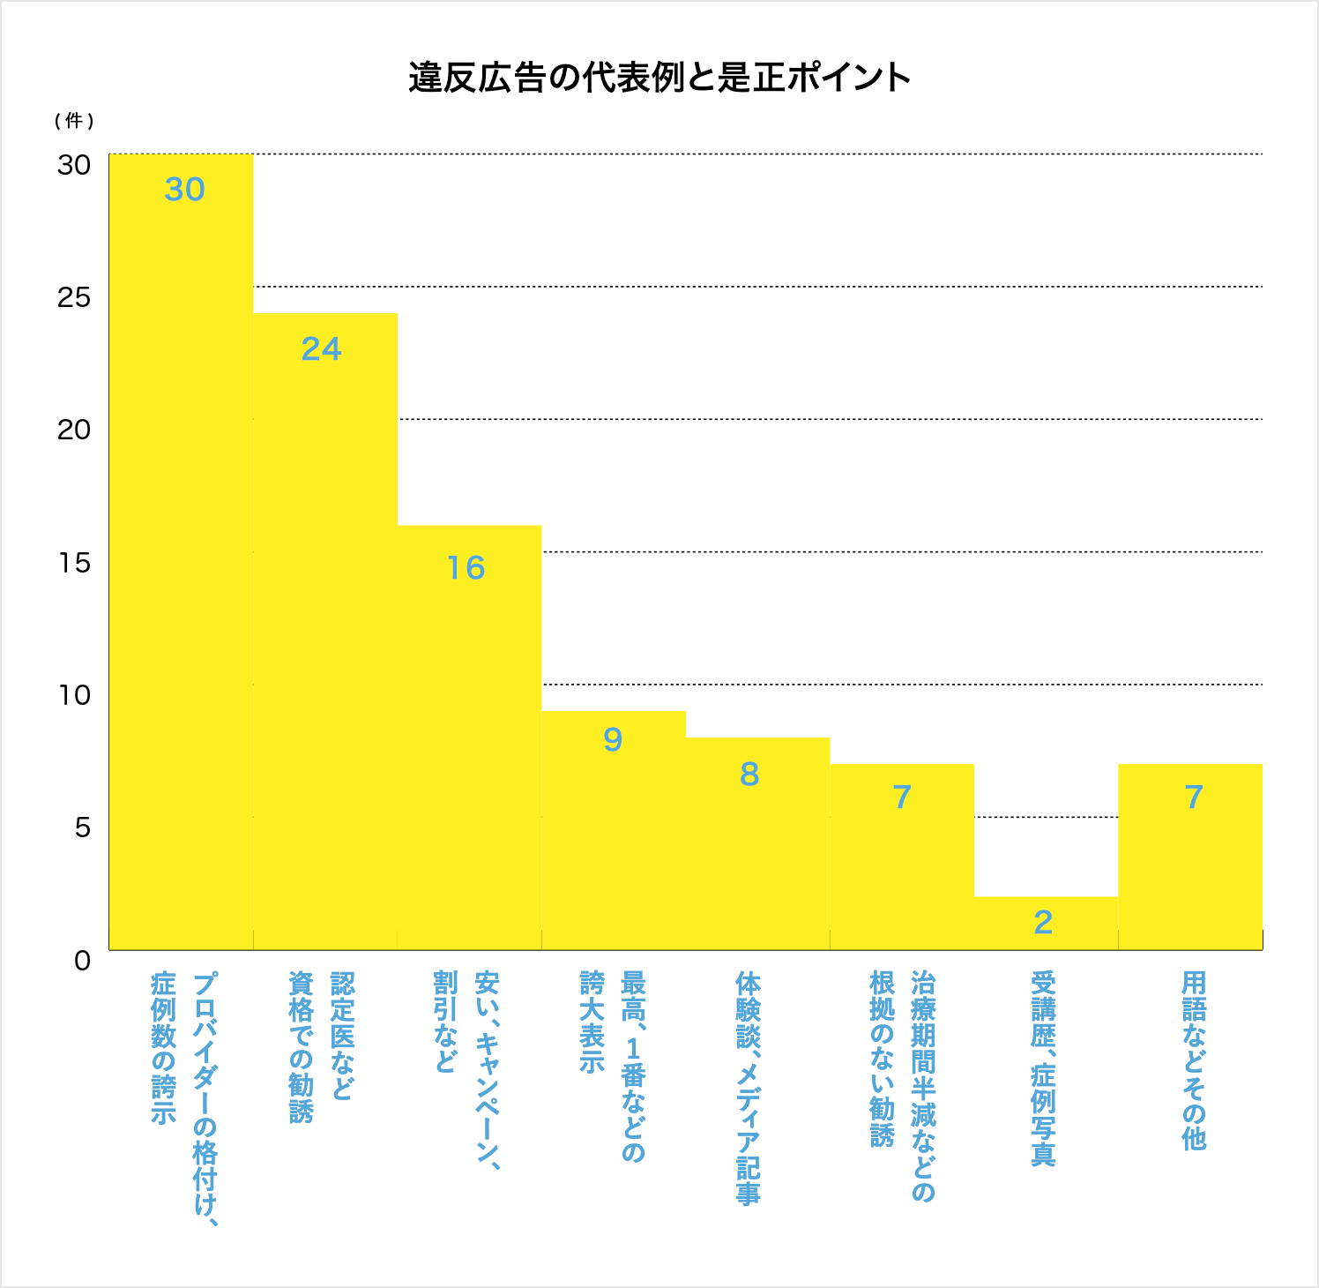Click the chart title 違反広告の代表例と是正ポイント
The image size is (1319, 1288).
(659, 78)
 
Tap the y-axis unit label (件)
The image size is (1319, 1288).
(74, 121)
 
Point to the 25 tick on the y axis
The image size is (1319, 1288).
(74, 297)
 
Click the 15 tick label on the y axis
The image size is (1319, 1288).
(74, 563)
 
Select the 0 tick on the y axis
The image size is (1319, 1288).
(82, 961)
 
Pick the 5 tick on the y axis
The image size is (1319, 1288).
(82, 827)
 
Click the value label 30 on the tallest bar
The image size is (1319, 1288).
(184, 190)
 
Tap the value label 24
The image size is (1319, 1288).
(321, 349)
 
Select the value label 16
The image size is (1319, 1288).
(466, 568)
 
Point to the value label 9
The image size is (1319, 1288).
(613, 739)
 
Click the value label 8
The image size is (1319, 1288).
(749, 775)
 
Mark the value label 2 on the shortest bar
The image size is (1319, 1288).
(1043, 923)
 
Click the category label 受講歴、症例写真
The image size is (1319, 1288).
(1043, 1068)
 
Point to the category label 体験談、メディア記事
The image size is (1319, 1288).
(748, 1088)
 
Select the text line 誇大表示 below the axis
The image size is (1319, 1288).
(592, 1022)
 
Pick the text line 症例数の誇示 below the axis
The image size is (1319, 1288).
(163, 1048)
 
